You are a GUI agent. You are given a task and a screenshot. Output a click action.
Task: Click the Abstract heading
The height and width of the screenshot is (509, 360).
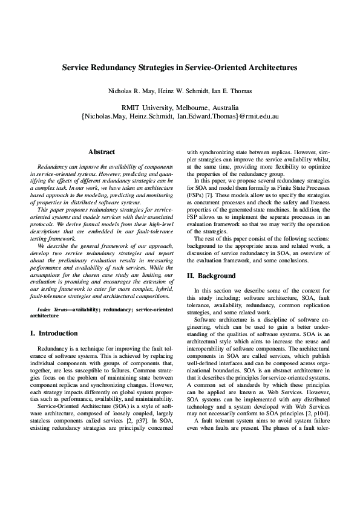[x=102, y=152]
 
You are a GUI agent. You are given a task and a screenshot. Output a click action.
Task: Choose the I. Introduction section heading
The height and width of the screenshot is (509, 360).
[x=54, y=333]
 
